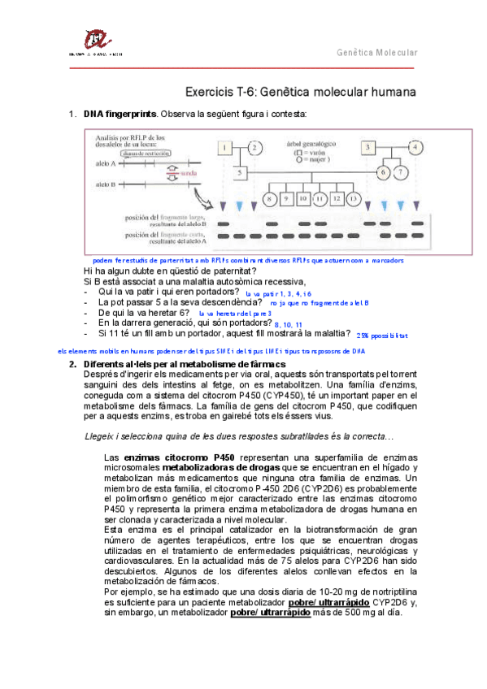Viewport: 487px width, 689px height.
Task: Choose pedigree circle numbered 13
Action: click(351, 198)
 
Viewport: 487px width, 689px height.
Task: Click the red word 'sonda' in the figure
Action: click(187, 173)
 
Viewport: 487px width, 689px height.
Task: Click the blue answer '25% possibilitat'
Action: click(382, 334)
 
